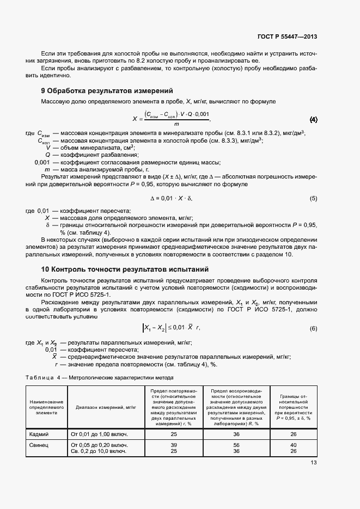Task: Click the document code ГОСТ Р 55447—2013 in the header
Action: (287, 37)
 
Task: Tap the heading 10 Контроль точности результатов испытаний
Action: (125, 269)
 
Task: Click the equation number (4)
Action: (313, 119)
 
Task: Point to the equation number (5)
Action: (313, 199)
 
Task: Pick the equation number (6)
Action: (313, 328)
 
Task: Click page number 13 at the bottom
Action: (313, 463)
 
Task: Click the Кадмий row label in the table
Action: (38, 434)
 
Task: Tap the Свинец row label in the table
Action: (38, 445)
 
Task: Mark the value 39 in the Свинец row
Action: (174, 445)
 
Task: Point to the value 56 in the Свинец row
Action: (236, 445)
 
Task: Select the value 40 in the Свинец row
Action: (294, 445)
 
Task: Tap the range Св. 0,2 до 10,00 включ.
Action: (99, 451)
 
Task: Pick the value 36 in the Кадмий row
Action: (236, 434)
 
